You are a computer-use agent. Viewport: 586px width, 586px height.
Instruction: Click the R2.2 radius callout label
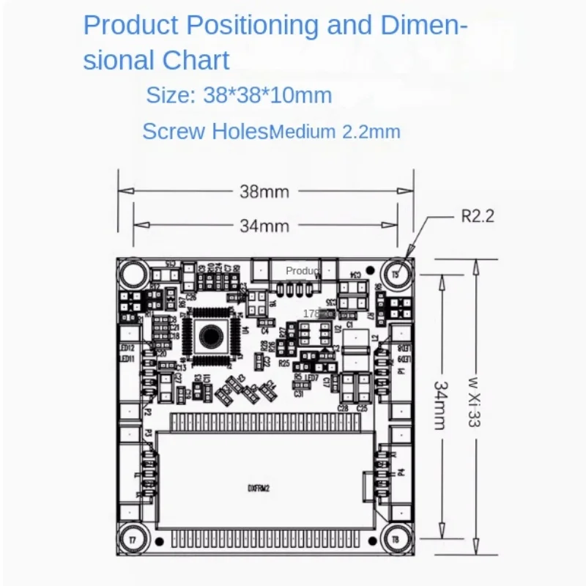[x=478, y=216]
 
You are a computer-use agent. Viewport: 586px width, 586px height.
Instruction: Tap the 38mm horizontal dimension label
[x=264, y=192]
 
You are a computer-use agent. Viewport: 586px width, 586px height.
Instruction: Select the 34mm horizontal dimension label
[x=264, y=226]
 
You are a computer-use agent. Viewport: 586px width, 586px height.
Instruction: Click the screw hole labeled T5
[x=398, y=273]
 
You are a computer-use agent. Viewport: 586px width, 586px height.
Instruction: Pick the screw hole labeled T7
[x=133, y=538]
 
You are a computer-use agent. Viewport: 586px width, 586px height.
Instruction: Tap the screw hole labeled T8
[x=396, y=538]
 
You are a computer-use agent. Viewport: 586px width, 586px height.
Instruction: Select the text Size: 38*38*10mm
[x=239, y=95]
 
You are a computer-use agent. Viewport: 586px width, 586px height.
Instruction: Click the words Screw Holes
[x=205, y=132]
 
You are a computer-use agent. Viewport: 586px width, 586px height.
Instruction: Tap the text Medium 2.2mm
[x=335, y=133]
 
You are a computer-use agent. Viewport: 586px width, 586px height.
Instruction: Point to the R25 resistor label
[x=284, y=363]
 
